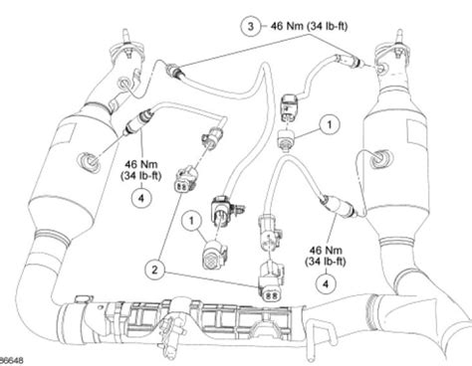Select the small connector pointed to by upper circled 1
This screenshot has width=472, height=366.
[x=290, y=138]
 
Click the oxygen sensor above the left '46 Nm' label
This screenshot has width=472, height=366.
[x=136, y=125]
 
